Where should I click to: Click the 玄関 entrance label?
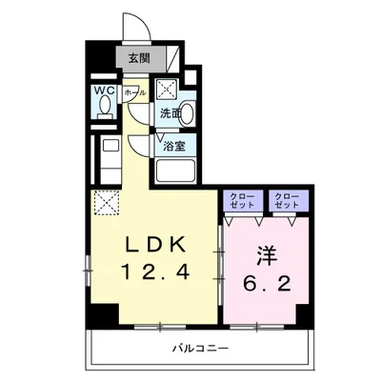[x=137, y=58]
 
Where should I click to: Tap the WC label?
[x=103, y=92]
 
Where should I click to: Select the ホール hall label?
[x=133, y=93]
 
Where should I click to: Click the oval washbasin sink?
[x=187, y=113]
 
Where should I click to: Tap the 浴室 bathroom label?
[x=173, y=146]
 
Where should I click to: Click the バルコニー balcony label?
[x=203, y=349]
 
